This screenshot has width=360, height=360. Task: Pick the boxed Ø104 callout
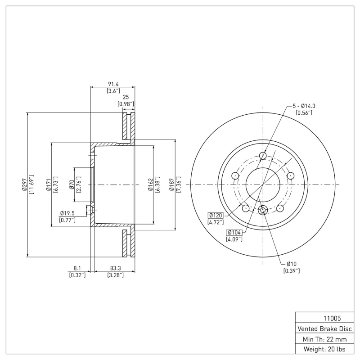[235, 232]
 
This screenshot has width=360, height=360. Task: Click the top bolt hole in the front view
[263, 156]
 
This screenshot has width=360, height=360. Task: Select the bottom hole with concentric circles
[263, 210]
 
